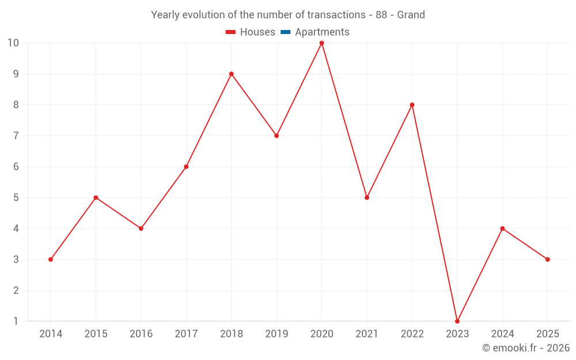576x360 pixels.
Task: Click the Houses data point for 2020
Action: coord(321,43)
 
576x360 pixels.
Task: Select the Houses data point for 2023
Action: coord(457,321)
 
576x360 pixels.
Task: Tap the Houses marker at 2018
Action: coord(231,74)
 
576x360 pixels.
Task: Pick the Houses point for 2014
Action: coord(51,259)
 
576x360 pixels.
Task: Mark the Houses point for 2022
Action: coord(412,105)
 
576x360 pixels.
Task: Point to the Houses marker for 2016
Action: coord(141,228)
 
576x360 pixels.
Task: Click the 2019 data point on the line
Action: coord(276,135)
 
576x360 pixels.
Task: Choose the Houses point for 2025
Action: coord(547,259)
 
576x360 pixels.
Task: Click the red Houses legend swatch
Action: coord(230,32)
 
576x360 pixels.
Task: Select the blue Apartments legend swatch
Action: coord(285,32)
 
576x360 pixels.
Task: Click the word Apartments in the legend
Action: coord(322,32)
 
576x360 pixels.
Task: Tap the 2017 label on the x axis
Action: coord(186,334)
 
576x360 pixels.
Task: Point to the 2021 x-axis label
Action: coord(367,334)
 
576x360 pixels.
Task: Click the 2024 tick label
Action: coord(502,334)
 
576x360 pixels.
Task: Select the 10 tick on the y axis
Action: coord(13,43)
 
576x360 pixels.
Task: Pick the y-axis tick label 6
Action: coord(16,166)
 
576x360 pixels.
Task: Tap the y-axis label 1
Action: coord(16,321)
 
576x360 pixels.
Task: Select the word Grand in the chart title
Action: coord(411,15)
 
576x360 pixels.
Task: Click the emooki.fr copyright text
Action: coord(526,348)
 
